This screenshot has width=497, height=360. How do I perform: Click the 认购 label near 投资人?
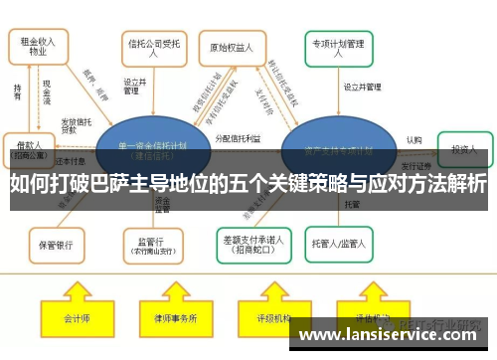414,140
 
